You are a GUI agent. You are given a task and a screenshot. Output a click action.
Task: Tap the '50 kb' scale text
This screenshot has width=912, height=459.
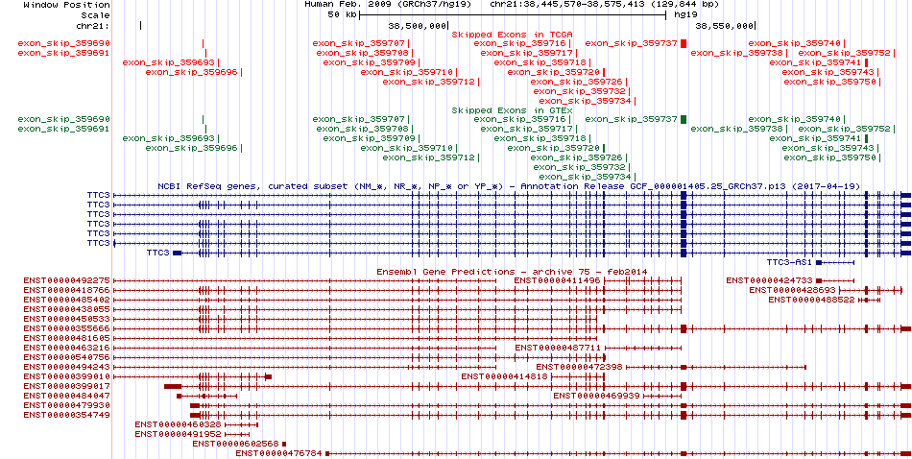tap(343, 15)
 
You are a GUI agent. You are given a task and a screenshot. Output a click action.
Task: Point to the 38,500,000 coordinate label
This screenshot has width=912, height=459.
tap(418, 26)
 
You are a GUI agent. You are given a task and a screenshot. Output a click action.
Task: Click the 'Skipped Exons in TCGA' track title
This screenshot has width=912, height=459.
tap(512, 35)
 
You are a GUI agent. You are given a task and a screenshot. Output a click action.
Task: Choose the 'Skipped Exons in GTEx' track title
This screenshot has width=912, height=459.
tap(512, 110)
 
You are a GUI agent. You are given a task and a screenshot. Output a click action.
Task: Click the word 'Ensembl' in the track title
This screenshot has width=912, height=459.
tap(396, 272)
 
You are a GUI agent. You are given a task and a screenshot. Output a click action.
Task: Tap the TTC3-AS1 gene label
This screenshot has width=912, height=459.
tap(789, 262)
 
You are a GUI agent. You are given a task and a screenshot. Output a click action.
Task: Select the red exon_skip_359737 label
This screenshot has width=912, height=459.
tap(630, 43)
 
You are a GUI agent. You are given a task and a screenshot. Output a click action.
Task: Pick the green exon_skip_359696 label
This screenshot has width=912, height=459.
tap(191, 148)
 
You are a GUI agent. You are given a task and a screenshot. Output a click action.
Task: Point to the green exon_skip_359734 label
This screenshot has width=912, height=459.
tap(584, 177)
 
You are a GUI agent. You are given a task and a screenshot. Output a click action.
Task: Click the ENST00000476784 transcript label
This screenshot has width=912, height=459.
tap(278, 453)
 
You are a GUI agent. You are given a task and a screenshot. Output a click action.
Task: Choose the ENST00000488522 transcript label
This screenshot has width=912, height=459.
tap(811, 300)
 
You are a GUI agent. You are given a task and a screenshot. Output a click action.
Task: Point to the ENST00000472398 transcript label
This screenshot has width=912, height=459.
tap(579, 367)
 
